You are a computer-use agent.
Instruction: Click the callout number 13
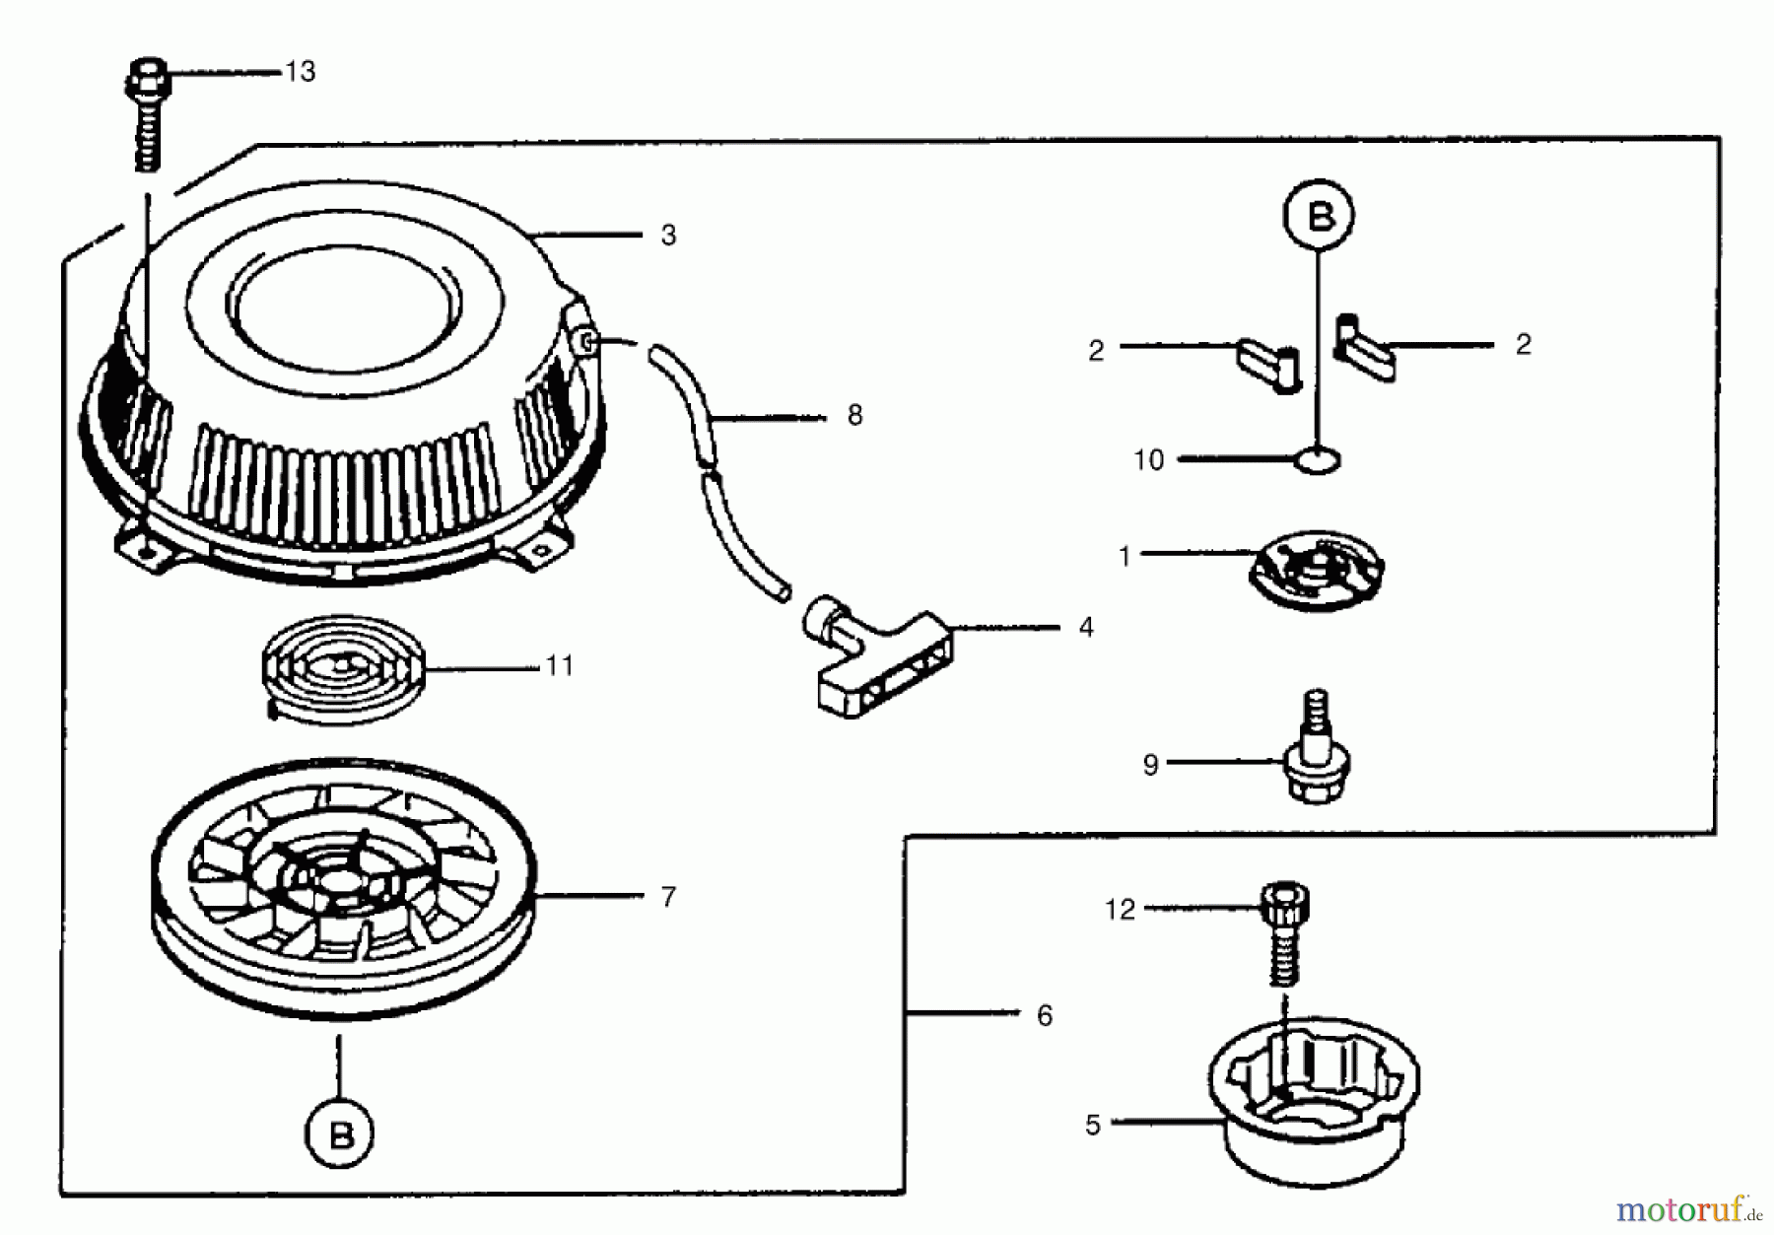(x=300, y=72)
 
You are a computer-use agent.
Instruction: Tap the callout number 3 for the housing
(x=668, y=236)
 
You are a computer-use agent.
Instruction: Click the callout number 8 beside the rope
(x=854, y=416)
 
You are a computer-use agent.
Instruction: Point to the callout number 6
(x=1045, y=1015)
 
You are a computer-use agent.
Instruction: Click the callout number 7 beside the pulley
(x=668, y=897)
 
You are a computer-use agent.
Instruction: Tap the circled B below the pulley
(x=341, y=1134)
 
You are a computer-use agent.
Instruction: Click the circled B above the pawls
(x=1319, y=215)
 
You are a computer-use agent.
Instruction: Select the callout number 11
(x=559, y=666)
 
